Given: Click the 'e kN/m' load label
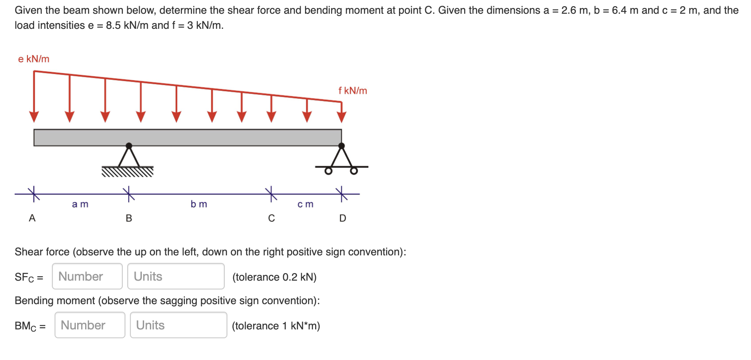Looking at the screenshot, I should click(x=34, y=59).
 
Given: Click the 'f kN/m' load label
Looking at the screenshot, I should click(x=352, y=91).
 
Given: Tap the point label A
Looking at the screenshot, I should click(x=32, y=218).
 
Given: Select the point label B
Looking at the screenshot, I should click(x=129, y=218).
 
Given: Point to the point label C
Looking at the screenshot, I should click(x=271, y=218).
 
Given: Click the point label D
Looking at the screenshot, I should click(x=342, y=218).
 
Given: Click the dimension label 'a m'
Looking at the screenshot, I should click(x=80, y=204).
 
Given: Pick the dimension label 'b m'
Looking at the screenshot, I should click(x=199, y=204).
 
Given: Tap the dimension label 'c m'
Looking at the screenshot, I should click(x=305, y=204).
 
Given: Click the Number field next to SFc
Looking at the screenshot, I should click(x=87, y=276).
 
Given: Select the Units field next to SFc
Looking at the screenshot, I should click(x=176, y=276).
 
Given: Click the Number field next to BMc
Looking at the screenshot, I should click(x=90, y=325).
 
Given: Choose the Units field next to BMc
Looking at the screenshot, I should click(x=178, y=325).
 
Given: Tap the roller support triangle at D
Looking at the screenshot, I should click(x=341, y=157).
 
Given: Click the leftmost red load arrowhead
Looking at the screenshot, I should click(x=34, y=117).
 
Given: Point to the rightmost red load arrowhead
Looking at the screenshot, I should click(x=341, y=117).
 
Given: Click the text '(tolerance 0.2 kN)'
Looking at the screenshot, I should click(x=274, y=277).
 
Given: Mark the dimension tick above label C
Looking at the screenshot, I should click(x=271, y=194).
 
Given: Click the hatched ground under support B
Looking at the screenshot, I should click(x=128, y=172).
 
